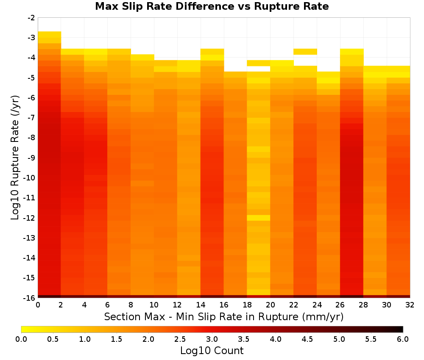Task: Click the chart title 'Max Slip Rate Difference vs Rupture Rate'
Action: [x=212, y=6]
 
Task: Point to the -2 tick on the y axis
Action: [x=31, y=18]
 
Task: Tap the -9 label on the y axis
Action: [x=31, y=158]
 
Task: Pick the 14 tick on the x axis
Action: [x=201, y=305]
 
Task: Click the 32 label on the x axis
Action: [x=410, y=305]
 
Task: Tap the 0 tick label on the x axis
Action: [x=38, y=305]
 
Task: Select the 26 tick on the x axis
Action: [x=340, y=305]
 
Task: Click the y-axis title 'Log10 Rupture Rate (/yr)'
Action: [x=15, y=158]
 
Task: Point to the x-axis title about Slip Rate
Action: [x=224, y=317]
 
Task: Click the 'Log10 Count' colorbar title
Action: [x=212, y=351]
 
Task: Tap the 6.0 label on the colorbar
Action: [x=403, y=339]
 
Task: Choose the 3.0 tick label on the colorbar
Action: [x=212, y=339]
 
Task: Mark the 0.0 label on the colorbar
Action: [x=21, y=339]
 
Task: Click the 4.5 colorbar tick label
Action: [x=307, y=339]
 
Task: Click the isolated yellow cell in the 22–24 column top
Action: [x=305, y=52]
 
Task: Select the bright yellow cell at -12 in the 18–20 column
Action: [x=259, y=218]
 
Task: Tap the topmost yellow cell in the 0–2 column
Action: [x=50, y=34]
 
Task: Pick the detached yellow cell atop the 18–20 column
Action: [x=259, y=63]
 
